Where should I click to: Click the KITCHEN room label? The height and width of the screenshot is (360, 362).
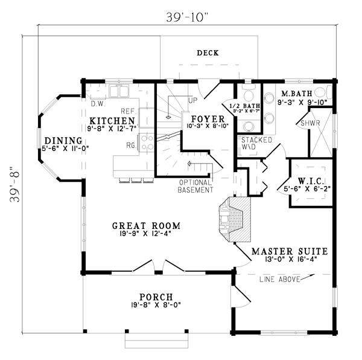click(x=110, y=121)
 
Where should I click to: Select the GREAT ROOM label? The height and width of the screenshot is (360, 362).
click(x=146, y=227)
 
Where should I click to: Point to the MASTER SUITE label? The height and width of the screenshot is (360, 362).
click(x=290, y=251)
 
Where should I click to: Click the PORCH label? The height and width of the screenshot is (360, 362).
click(x=156, y=297)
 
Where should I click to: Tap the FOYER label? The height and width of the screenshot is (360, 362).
click(x=206, y=118)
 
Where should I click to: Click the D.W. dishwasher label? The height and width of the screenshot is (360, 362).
click(x=98, y=103)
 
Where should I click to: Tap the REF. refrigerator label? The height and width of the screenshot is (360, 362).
click(x=128, y=112)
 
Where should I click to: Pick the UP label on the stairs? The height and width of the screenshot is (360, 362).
click(x=194, y=100)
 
